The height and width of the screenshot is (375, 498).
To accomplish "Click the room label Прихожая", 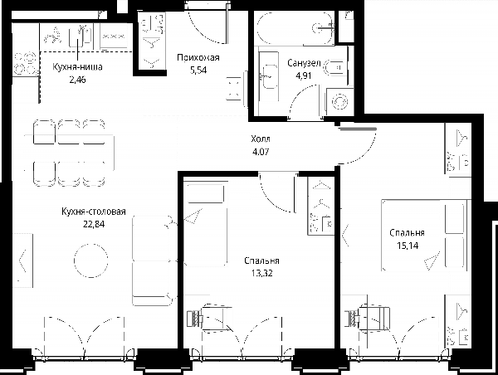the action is pos(198,58).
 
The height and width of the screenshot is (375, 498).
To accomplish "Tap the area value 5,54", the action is pos(198,71).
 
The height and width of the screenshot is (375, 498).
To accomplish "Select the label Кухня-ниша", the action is pos(77,67).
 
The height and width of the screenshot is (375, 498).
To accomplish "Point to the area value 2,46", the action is pos(77,80).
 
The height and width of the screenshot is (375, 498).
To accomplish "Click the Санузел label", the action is pos(304,63).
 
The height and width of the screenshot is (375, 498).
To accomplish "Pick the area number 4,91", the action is pos(304,75).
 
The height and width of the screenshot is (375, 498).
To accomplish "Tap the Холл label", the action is pos(261,139).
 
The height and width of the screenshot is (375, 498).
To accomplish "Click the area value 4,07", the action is pos(261,152).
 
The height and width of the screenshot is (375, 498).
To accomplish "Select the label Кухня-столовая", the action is pos(94,212).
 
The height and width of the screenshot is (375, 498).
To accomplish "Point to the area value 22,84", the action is pos(94,225).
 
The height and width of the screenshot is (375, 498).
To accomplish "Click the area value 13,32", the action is pos(261,273).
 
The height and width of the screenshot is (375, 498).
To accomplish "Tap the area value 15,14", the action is pos(408,246).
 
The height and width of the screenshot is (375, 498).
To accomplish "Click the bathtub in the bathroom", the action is pos(295,28).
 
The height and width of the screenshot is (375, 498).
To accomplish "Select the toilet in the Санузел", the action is pos(334,67).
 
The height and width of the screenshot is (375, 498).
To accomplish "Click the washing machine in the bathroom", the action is pos(339,101).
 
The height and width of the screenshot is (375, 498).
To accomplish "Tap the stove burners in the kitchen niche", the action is pos(25,64).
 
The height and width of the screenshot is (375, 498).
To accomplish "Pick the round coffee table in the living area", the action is pos(90,261).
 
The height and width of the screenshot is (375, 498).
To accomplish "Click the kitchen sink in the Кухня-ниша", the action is pos(81,36).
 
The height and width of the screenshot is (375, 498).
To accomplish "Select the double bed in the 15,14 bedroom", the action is pos(425,236).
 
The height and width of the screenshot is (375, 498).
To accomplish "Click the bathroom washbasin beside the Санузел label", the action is pos(270,76).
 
